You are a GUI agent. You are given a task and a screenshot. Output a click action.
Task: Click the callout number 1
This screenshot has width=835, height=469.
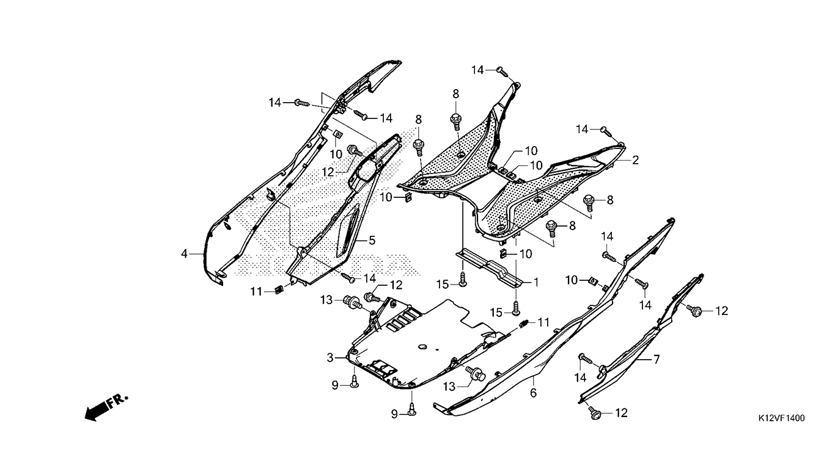pos(536,282)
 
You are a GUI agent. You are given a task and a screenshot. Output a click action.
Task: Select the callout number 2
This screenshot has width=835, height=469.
pos(636,160)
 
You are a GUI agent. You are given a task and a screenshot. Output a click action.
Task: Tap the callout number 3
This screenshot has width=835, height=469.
pos(330,358)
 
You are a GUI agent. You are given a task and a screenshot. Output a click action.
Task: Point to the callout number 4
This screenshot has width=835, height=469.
pos(184,253)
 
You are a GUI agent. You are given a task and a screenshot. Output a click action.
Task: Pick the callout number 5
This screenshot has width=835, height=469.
pos(372,241)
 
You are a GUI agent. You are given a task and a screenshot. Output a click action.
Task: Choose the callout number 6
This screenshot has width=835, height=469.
pos(534,393)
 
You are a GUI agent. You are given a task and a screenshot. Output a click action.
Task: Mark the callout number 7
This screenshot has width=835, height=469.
pos(657,360)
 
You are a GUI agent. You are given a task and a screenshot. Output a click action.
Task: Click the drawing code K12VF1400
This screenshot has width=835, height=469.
pos(781,418)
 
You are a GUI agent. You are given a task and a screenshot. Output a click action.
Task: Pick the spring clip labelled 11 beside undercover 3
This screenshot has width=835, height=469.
pos(523,324)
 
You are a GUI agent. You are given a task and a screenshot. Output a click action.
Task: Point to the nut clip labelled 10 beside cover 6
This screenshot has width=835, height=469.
pos(592,280)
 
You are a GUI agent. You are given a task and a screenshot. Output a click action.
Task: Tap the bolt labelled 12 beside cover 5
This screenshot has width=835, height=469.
pos(355,151)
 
